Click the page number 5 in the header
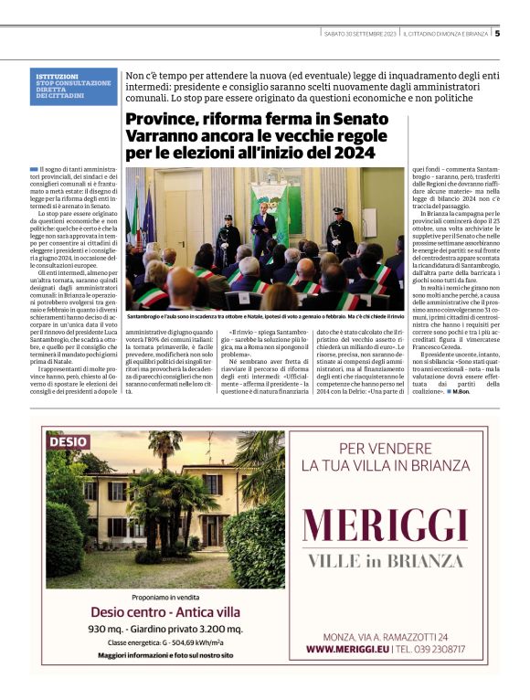click(497, 34)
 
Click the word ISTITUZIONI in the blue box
click(57, 76)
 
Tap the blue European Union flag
click(148, 212)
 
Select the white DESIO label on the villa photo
click(69, 441)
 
